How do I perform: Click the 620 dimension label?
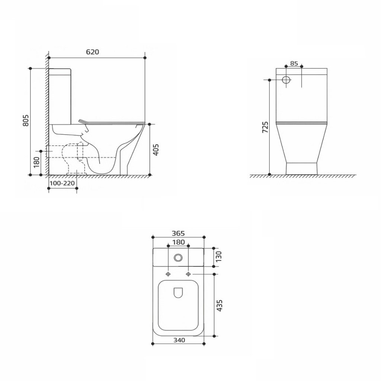[x=93, y=52]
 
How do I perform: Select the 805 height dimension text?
[x=26, y=120]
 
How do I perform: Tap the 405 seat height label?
[x=156, y=150]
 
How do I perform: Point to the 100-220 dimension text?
[x=62, y=183]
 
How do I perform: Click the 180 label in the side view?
[x=36, y=162]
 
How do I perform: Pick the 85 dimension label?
[x=294, y=63]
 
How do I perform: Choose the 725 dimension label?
[x=265, y=127]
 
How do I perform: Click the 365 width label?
[x=178, y=233]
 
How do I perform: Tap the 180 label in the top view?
[x=178, y=242]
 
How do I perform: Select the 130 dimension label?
[x=219, y=257]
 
